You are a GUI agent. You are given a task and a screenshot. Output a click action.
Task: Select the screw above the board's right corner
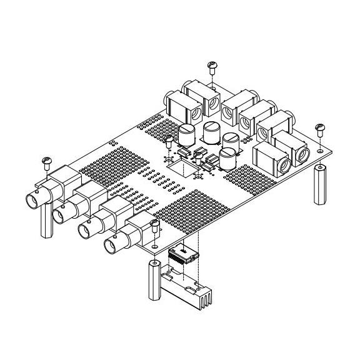pos(320,127)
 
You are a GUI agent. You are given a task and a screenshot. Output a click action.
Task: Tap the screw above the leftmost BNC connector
pos(46,161)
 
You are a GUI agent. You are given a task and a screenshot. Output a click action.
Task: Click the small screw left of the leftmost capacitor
pos(168,139)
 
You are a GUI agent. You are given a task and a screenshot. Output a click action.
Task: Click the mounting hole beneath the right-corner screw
pos(319,150)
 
